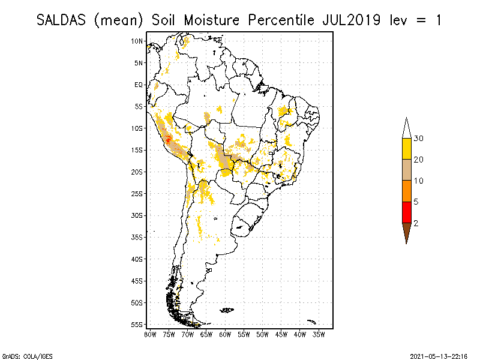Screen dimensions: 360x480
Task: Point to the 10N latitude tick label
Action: point(137,41)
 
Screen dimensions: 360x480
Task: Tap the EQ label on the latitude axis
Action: point(139,85)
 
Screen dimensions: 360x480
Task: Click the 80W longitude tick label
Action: point(150,334)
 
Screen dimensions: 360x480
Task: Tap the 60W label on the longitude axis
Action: point(225,334)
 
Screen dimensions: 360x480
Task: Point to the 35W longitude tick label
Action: point(319,334)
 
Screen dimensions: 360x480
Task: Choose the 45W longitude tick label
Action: point(281,334)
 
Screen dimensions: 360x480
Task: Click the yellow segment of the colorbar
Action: point(407,149)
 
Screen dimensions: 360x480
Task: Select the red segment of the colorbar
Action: point(407,212)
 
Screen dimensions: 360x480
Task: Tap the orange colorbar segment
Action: point(407,191)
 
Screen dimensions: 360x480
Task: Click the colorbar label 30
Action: point(419,139)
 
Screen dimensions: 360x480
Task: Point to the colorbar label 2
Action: point(416,223)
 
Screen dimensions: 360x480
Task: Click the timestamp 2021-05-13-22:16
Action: point(439,355)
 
